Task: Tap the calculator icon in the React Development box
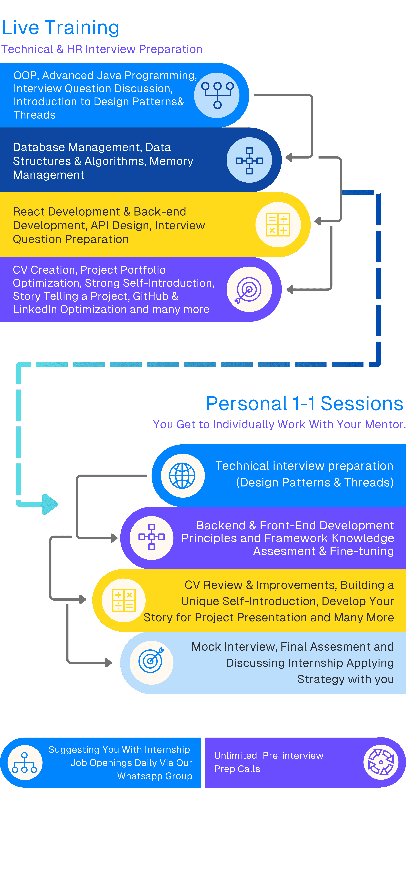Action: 278,224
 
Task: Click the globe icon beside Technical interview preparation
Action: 182,476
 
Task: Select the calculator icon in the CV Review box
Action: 124,600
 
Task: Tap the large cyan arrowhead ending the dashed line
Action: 50,504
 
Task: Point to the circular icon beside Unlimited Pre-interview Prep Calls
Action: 381,762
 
